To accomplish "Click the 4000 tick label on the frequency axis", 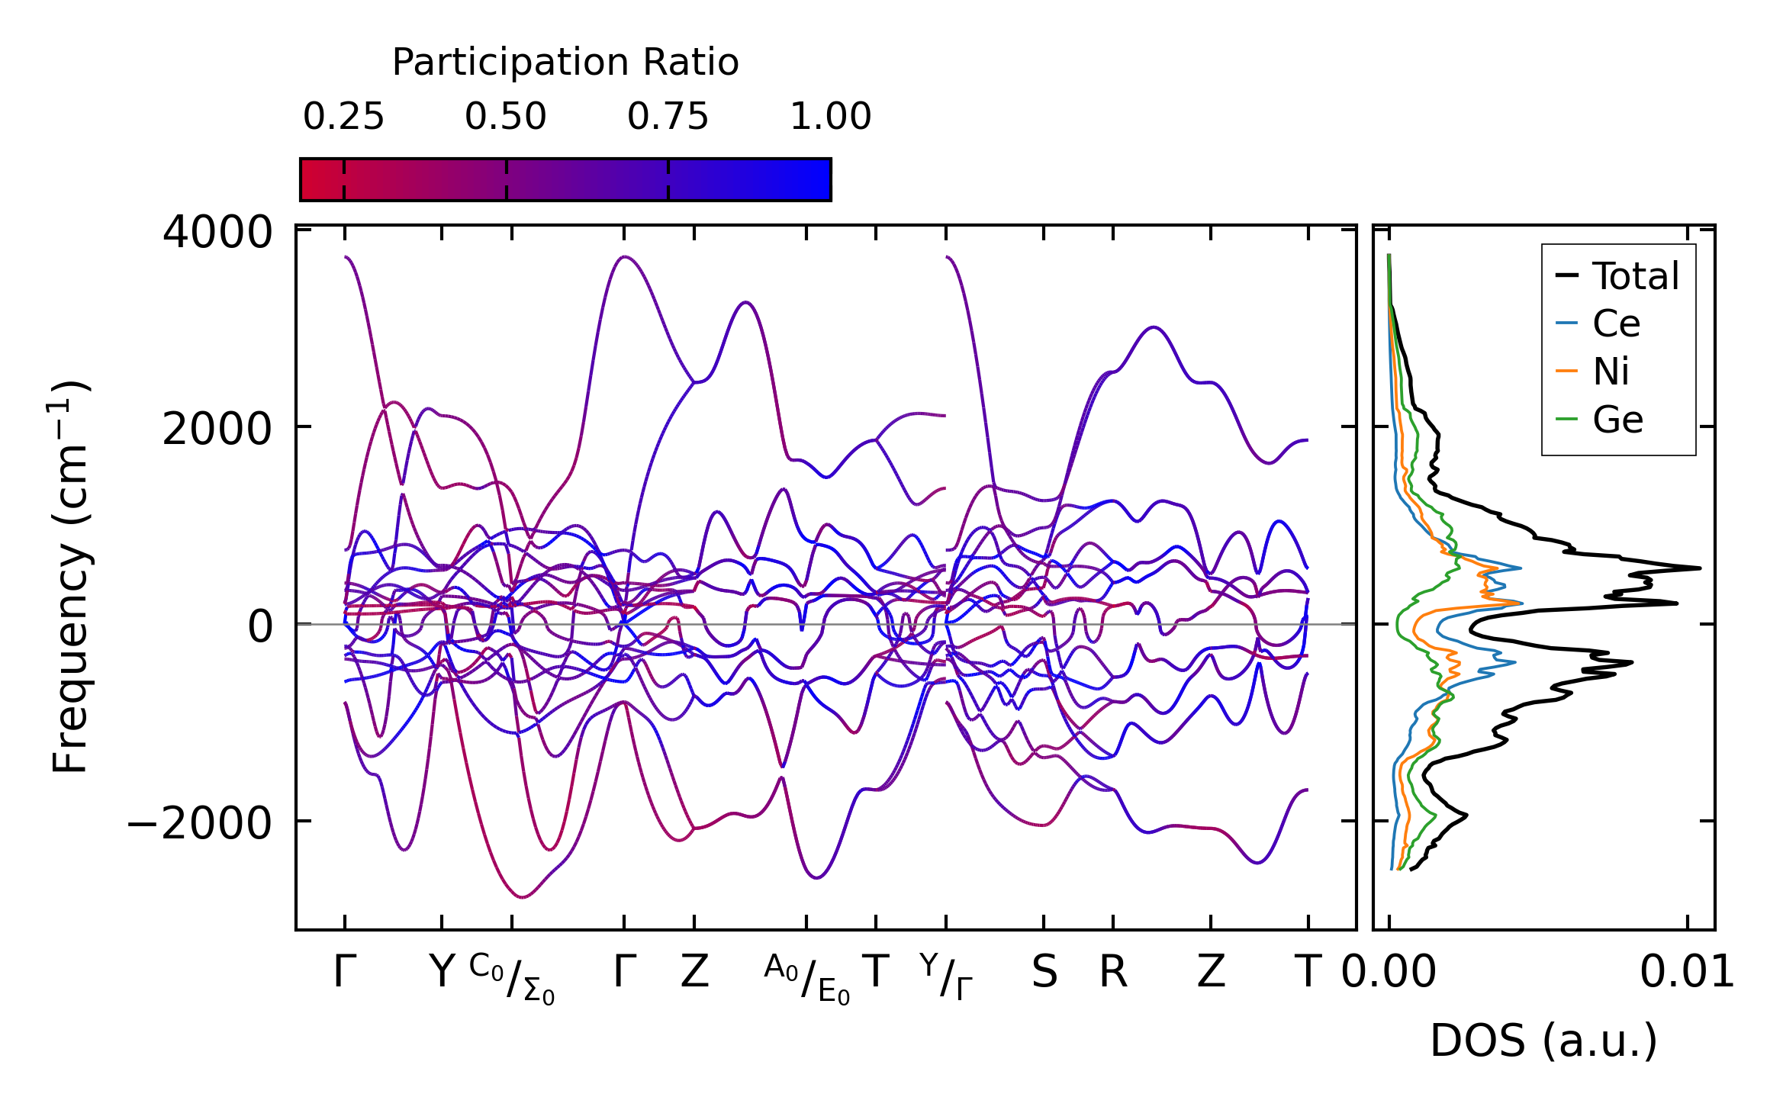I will [217, 233].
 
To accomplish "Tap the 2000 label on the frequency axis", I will [217, 430].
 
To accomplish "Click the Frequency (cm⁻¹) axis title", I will [70, 577].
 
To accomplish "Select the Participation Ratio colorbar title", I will [565, 63].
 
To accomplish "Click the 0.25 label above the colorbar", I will [343, 117].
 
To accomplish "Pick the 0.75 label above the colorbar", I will [668, 117].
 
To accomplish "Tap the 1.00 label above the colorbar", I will [830, 117].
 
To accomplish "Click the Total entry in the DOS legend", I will [1635, 276].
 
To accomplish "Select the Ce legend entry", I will [1616, 324].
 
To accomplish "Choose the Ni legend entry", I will [1611, 372].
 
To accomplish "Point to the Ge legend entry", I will [1617, 420].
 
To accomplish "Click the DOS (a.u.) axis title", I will [1543, 1041].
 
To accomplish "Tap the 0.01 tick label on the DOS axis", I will [1687, 973].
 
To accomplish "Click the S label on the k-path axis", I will [1044, 973].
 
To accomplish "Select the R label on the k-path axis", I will [1113, 973].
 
